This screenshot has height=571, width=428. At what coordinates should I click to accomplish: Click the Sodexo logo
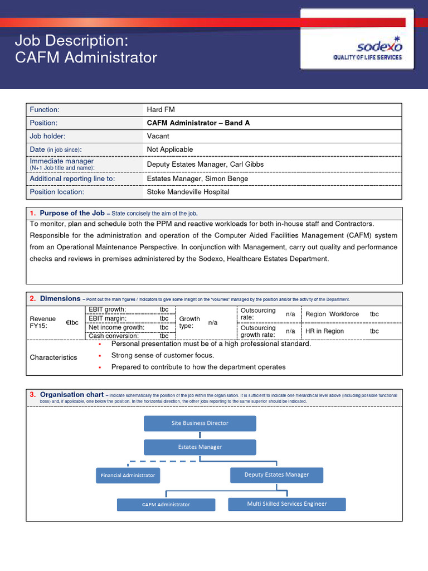click(367, 48)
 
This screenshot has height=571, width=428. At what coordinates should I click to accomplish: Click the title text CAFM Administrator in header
click(86, 57)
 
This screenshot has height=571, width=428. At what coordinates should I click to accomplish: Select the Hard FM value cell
click(160, 110)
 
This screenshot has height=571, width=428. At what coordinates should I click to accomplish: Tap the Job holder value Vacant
click(158, 136)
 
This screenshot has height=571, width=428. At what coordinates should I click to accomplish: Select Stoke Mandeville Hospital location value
click(188, 192)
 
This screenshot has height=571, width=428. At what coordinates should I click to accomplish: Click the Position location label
click(57, 192)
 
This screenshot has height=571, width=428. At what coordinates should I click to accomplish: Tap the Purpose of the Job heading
click(72, 213)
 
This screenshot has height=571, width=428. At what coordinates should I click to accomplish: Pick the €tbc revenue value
click(72, 323)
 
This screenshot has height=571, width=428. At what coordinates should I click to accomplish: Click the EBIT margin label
click(107, 318)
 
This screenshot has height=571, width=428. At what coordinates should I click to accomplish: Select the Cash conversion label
click(114, 336)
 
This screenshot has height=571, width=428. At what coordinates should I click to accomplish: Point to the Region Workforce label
click(332, 314)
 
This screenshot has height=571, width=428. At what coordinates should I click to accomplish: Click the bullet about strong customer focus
click(162, 355)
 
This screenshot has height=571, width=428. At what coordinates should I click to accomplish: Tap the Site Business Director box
click(200, 423)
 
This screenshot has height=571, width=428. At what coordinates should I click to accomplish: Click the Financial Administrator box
click(128, 475)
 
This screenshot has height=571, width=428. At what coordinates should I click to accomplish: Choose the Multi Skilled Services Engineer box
click(287, 504)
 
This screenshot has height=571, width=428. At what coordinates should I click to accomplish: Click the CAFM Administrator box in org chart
click(166, 505)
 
